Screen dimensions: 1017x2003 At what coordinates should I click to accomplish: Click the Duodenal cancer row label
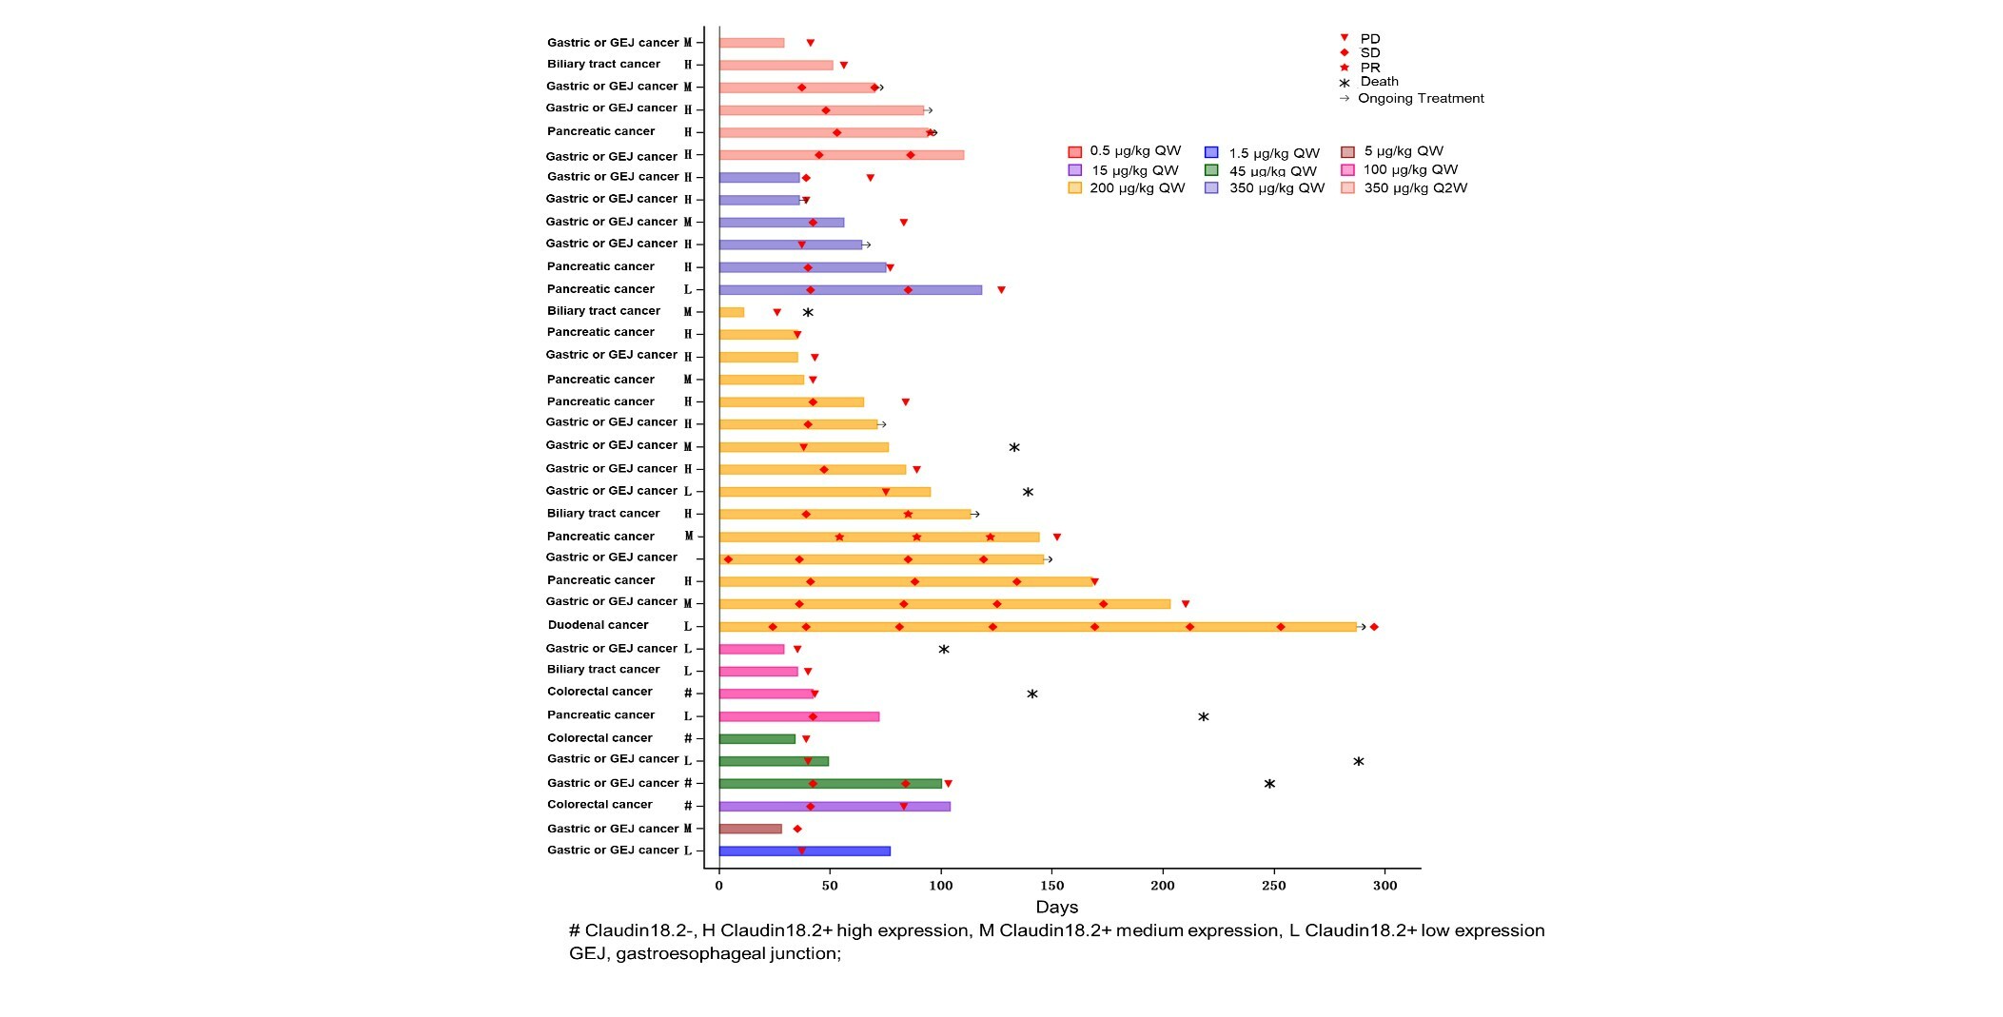coord(598,625)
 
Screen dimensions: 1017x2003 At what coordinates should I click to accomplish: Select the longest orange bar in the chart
coord(1037,627)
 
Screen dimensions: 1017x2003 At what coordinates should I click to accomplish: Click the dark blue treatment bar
coord(804,851)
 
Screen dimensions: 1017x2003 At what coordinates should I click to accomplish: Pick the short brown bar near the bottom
coord(750,829)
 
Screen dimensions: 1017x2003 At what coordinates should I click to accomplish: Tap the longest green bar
coord(830,784)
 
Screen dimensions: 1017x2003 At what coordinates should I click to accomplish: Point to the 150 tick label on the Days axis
coord(1051,886)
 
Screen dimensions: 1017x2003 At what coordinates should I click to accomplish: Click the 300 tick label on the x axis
coord(1384,886)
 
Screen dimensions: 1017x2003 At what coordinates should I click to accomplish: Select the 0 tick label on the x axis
coord(718,886)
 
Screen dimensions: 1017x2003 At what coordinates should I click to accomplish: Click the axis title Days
coord(1056,908)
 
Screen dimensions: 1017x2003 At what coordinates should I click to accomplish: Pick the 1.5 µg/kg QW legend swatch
coord(1211,152)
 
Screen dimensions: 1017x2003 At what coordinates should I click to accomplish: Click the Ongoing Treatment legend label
coord(1420,99)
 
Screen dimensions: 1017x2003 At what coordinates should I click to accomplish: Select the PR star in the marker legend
coord(1345,68)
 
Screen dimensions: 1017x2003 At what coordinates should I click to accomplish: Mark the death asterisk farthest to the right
coord(1359,762)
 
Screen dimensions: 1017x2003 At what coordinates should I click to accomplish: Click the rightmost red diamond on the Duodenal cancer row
coord(1374,627)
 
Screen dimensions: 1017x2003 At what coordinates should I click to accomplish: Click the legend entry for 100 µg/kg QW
coord(1409,170)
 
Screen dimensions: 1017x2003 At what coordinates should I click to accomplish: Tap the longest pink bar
coord(798,716)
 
